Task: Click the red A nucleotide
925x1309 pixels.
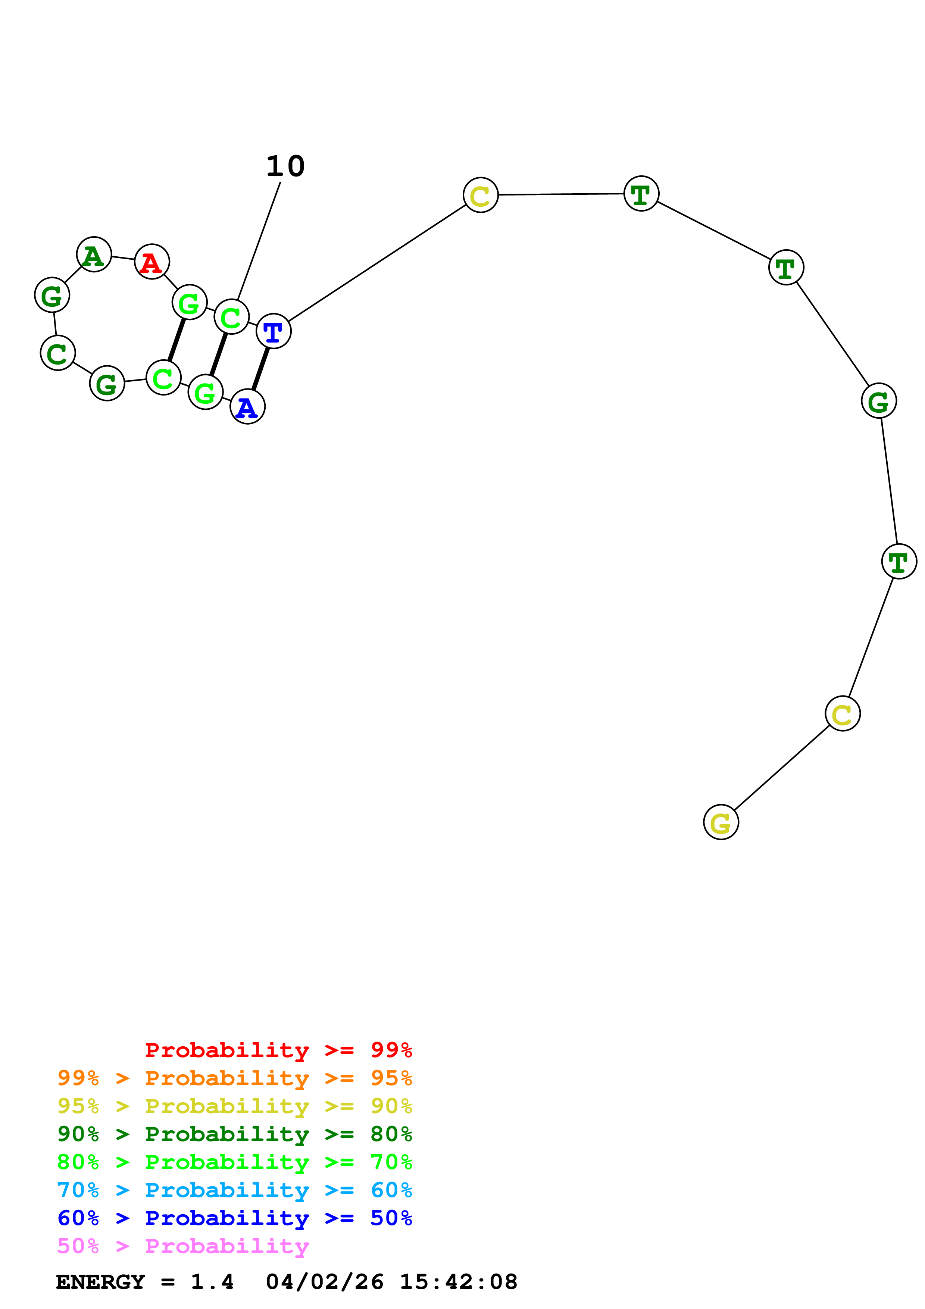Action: [151, 262]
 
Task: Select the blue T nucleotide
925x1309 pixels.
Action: [274, 331]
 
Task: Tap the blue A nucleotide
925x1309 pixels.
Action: [247, 406]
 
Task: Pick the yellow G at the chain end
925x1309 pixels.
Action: [721, 822]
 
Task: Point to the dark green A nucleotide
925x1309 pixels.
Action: [93, 254]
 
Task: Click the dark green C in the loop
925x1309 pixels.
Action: [57, 353]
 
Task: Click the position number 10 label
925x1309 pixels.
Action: [285, 166]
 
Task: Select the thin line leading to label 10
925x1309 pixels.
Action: [259, 241]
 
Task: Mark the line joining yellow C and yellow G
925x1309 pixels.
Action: [781, 768]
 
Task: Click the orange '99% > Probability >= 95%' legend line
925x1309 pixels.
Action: [234, 1078]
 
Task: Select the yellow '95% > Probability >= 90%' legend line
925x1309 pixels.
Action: [234, 1106]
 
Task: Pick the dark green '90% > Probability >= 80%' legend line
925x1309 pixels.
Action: [234, 1134]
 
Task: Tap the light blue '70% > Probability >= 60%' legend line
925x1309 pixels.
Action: [234, 1190]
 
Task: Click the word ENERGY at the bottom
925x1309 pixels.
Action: [100, 1282]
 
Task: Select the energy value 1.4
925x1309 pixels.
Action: [212, 1282]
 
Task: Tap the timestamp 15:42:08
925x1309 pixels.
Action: [458, 1282]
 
